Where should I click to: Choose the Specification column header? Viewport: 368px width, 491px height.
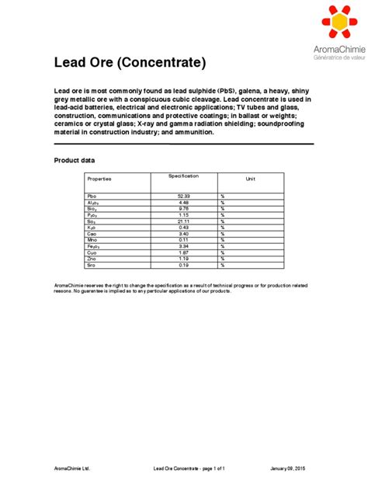(183, 177)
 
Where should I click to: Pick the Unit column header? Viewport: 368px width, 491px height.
(251, 179)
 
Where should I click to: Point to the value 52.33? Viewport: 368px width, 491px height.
(183, 197)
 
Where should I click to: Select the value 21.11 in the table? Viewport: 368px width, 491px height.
(183, 221)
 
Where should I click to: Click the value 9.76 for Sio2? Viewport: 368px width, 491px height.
(183, 209)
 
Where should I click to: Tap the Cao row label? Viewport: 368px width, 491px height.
(92, 234)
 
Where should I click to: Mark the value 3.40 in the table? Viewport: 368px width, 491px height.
(183, 234)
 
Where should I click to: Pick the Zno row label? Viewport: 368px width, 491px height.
(92, 259)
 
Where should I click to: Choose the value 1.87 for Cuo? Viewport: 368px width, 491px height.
(183, 252)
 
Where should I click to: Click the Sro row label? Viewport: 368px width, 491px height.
(92, 265)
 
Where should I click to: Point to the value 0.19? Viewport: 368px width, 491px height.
(183, 265)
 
